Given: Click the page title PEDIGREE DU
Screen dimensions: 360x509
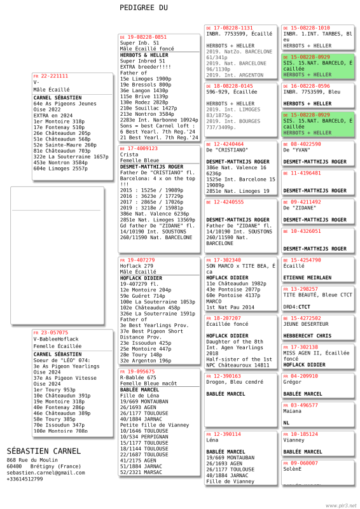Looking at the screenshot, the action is click(x=144, y=8).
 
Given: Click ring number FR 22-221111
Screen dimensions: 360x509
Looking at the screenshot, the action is click(x=51, y=76).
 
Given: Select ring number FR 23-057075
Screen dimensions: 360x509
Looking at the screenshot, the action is click(x=51, y=333).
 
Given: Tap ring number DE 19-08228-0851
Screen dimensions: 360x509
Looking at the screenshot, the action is click(x=143, y=38).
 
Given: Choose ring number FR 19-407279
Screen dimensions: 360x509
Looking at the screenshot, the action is click(x=137, y=260).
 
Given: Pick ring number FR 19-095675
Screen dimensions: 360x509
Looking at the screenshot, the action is click(x=137, y=372).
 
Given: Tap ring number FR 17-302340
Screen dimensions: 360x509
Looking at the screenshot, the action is click(x=223, y=260).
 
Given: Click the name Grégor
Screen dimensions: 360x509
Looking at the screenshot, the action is click(x=293, y=382).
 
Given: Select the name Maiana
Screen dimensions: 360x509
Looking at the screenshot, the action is click(x=293, y=411).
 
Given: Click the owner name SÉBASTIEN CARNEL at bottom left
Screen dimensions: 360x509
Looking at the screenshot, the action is click(x=44, y=451).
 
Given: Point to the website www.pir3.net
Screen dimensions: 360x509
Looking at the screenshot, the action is click(x=341, y=505).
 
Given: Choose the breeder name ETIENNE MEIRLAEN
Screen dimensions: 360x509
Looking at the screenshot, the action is click(x=307, y=277).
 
